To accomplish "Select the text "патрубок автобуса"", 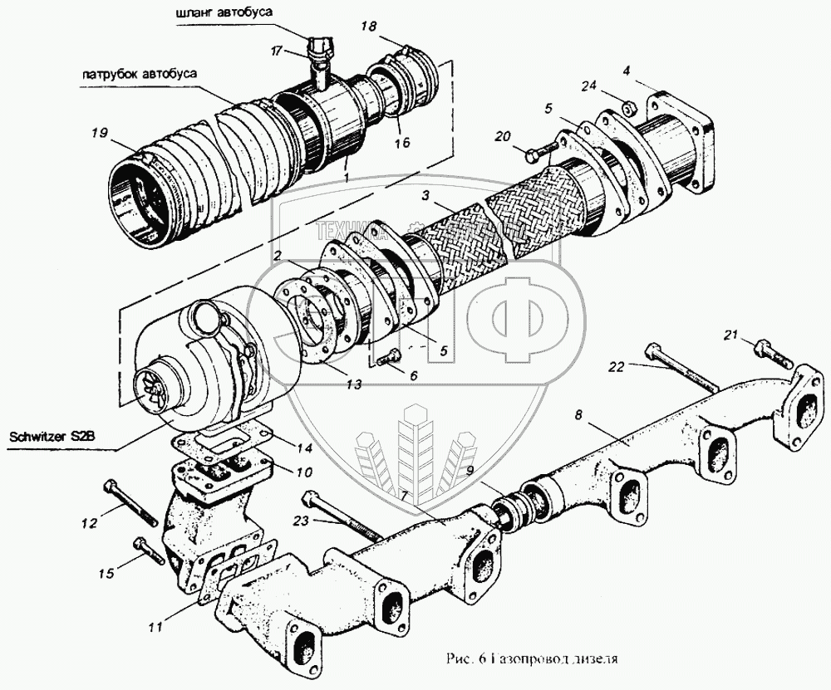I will coord(139,72).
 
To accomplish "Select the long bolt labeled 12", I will coord(132,503).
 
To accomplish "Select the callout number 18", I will coord(367,28).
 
